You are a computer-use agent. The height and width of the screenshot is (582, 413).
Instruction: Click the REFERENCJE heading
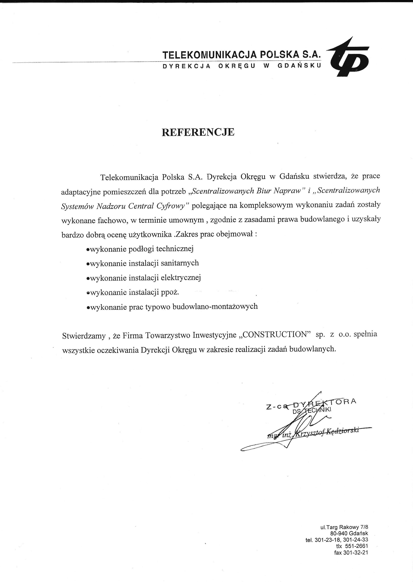198,132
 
